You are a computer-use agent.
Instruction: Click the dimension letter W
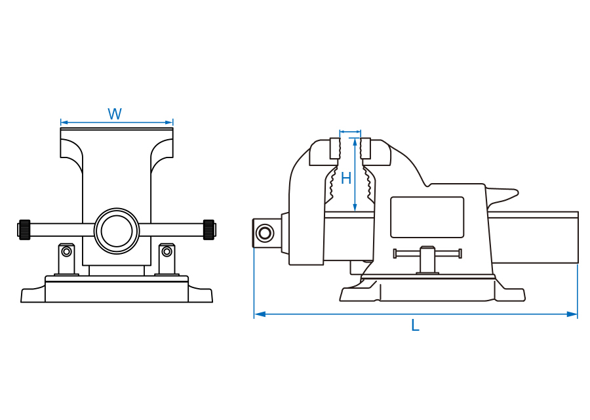[115, 114]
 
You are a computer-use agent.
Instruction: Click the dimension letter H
[346, 178]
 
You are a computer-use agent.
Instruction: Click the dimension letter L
[415, 325]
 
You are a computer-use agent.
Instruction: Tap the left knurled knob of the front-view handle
[25, 229]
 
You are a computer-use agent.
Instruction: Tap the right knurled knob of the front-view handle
[209, 229]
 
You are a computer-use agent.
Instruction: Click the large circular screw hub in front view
[117, 230]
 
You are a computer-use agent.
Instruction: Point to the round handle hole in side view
[265, 232]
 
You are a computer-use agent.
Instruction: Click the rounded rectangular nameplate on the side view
[427, 217]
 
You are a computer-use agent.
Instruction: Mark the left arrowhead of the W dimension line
[64, 122]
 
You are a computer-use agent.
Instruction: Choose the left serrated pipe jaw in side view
[331, 187]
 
